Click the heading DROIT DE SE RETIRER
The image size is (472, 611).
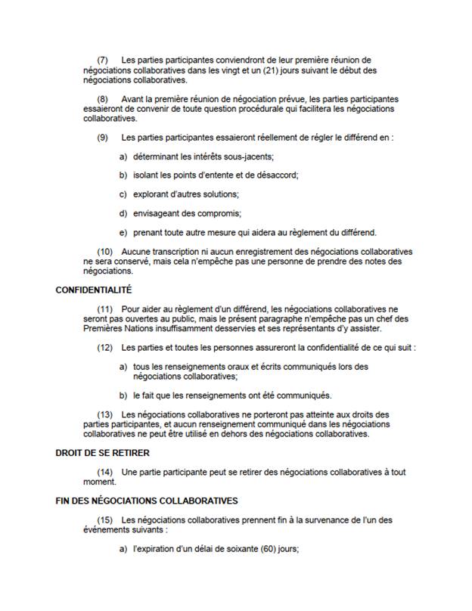click(x=103, y=453)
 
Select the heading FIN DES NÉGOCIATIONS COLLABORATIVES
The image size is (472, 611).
click(x=147, y=501)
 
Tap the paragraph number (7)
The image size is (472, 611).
click(x=104, y=60)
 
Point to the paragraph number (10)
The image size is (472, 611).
click(x=105, y=251)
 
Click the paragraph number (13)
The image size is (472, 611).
click(x=105, y=414)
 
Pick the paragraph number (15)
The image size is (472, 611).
click(x=105, y=520)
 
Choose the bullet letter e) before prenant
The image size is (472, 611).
click(x=123, y=232)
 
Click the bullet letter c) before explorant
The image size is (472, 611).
click(x=123, y=194)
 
